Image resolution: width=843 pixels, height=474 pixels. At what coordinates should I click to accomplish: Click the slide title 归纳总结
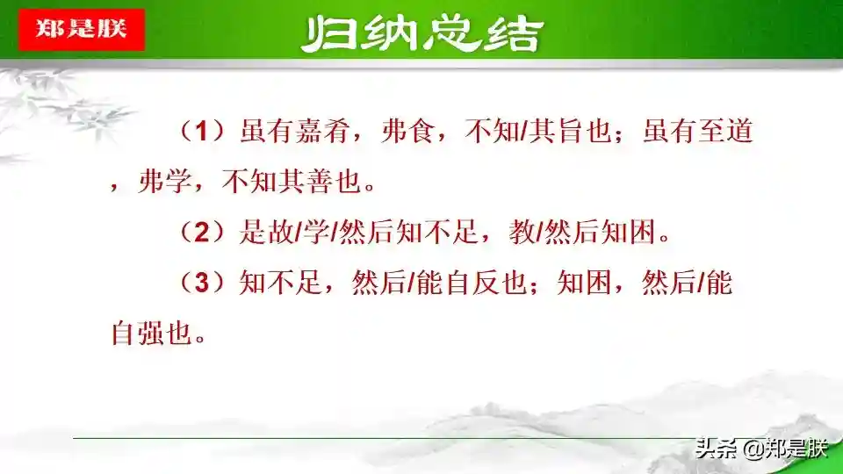coord(422,34)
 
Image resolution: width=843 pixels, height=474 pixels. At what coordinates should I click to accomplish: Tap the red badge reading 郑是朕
coord(82,30)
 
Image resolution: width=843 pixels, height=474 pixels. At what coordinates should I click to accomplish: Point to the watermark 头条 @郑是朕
coord(761,449)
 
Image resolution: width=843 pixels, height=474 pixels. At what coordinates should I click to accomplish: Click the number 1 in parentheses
coord(202,131)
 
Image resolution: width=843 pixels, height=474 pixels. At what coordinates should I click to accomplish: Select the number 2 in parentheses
coord(202,232)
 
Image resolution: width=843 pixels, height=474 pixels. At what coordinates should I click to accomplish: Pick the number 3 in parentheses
coord(202,282)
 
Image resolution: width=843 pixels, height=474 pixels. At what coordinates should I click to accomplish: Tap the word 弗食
coord(407,131)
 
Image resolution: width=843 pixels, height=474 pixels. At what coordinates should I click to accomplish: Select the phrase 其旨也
coord(571,131)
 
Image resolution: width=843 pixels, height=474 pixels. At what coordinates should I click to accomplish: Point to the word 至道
coord(724,131)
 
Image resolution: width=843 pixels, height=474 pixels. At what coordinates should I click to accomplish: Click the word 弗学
coord(165,181)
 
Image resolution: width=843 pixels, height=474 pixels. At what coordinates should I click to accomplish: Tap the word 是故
coord(267,232)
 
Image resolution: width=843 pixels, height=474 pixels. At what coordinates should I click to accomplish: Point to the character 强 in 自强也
coord(152,333)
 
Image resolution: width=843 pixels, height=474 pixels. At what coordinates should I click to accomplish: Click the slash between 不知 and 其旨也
coord(523,131)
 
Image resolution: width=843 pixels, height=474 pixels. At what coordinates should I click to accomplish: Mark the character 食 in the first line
coord(421,131)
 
